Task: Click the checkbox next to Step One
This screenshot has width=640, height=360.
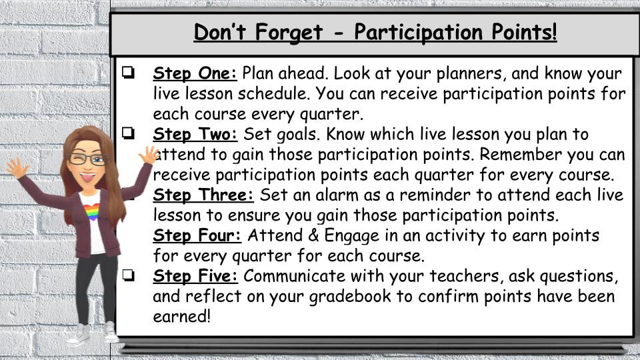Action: coord(128,73)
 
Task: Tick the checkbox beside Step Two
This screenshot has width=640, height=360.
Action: coord(128,133)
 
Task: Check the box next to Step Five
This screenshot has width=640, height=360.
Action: coord(128,275)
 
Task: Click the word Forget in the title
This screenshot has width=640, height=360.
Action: coord(289,33)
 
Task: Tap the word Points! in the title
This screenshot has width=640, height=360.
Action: coord(524,31)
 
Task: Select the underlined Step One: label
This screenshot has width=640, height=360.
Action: coord(195,73)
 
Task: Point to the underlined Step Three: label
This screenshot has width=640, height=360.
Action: coord(203,195)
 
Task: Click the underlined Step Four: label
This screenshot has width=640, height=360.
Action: coord(197,235)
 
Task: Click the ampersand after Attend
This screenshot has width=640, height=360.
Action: coord(313,235)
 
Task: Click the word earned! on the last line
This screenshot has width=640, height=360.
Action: coord(181,316)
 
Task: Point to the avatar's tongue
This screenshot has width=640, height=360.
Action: coord(87,178)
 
